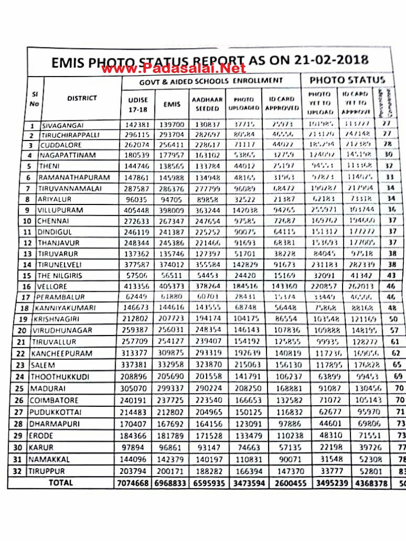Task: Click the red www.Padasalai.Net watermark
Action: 173,68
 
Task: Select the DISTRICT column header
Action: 82,98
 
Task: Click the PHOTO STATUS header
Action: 347,80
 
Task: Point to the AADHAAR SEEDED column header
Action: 207,104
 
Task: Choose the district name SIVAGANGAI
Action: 61,126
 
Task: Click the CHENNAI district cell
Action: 54,221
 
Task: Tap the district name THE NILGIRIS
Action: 60,275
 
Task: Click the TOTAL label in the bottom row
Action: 61,482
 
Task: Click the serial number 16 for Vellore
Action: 32,286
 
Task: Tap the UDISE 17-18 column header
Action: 138,104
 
